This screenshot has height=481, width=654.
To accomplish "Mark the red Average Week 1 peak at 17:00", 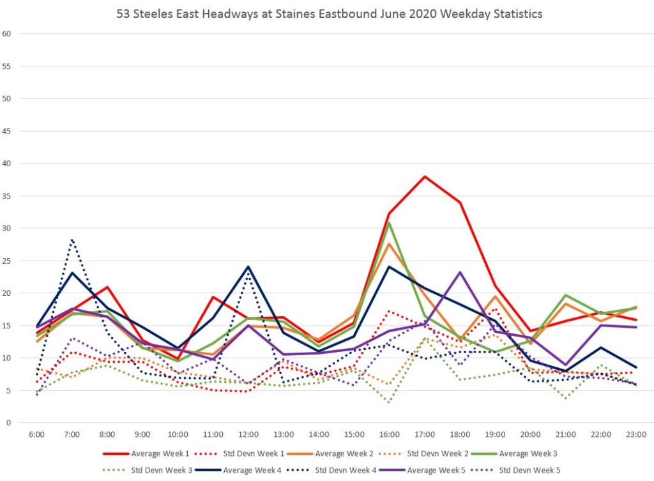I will coord(424,176).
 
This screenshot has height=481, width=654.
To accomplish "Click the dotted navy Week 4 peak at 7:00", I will coord(72,240).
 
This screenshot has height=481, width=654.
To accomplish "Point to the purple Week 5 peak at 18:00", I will coord(459,272).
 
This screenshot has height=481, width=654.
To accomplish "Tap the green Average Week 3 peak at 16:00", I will coord(389,223).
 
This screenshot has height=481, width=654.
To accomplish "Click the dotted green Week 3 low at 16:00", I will coord(389,402).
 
